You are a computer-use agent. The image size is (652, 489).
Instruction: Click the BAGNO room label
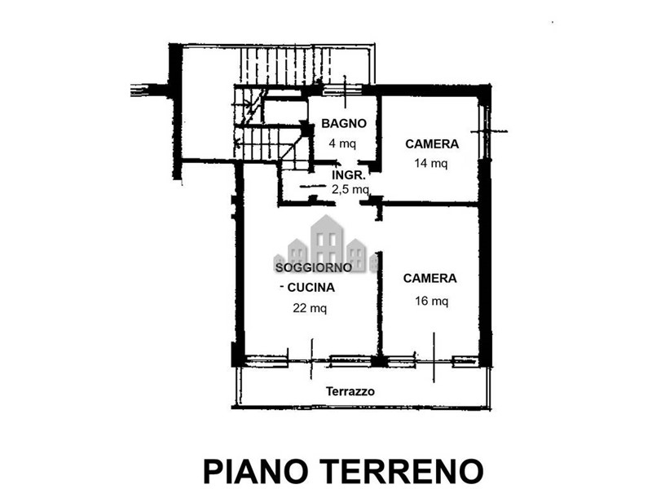click(344, 124)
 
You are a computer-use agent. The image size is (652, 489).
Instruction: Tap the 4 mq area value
click(342, 143)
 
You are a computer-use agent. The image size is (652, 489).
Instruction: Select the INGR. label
click(349, 175)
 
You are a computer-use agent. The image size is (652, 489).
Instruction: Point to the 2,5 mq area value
click(350, 190)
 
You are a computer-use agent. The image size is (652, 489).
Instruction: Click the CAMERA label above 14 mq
click(432, 144)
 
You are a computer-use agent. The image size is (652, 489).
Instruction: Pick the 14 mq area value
click(431, 163)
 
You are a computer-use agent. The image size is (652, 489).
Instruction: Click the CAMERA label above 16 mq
click(430, 278)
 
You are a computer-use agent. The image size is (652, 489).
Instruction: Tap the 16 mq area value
click(431, 300)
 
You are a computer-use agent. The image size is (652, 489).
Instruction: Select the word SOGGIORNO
click(314, 267)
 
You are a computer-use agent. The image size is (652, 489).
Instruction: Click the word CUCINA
click(311, 288)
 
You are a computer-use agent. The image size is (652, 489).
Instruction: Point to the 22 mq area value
click(310, 308)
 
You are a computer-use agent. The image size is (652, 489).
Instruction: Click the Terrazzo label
click(350, 391)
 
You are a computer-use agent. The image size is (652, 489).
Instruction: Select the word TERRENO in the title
click(403, 471)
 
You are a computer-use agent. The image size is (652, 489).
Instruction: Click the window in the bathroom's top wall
click(341, 90)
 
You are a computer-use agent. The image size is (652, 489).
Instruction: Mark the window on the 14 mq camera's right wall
click(484, 132)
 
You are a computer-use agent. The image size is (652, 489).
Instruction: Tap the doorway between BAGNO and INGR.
click(349, 162)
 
